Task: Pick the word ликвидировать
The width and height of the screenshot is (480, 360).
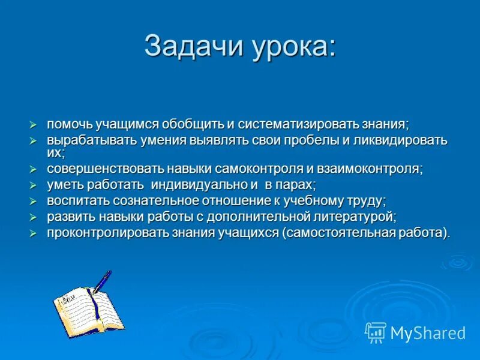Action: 394,140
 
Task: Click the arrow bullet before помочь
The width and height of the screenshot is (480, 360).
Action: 34,124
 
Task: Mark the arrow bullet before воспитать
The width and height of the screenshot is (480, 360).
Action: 34,200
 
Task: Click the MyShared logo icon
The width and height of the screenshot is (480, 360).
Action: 376,332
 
